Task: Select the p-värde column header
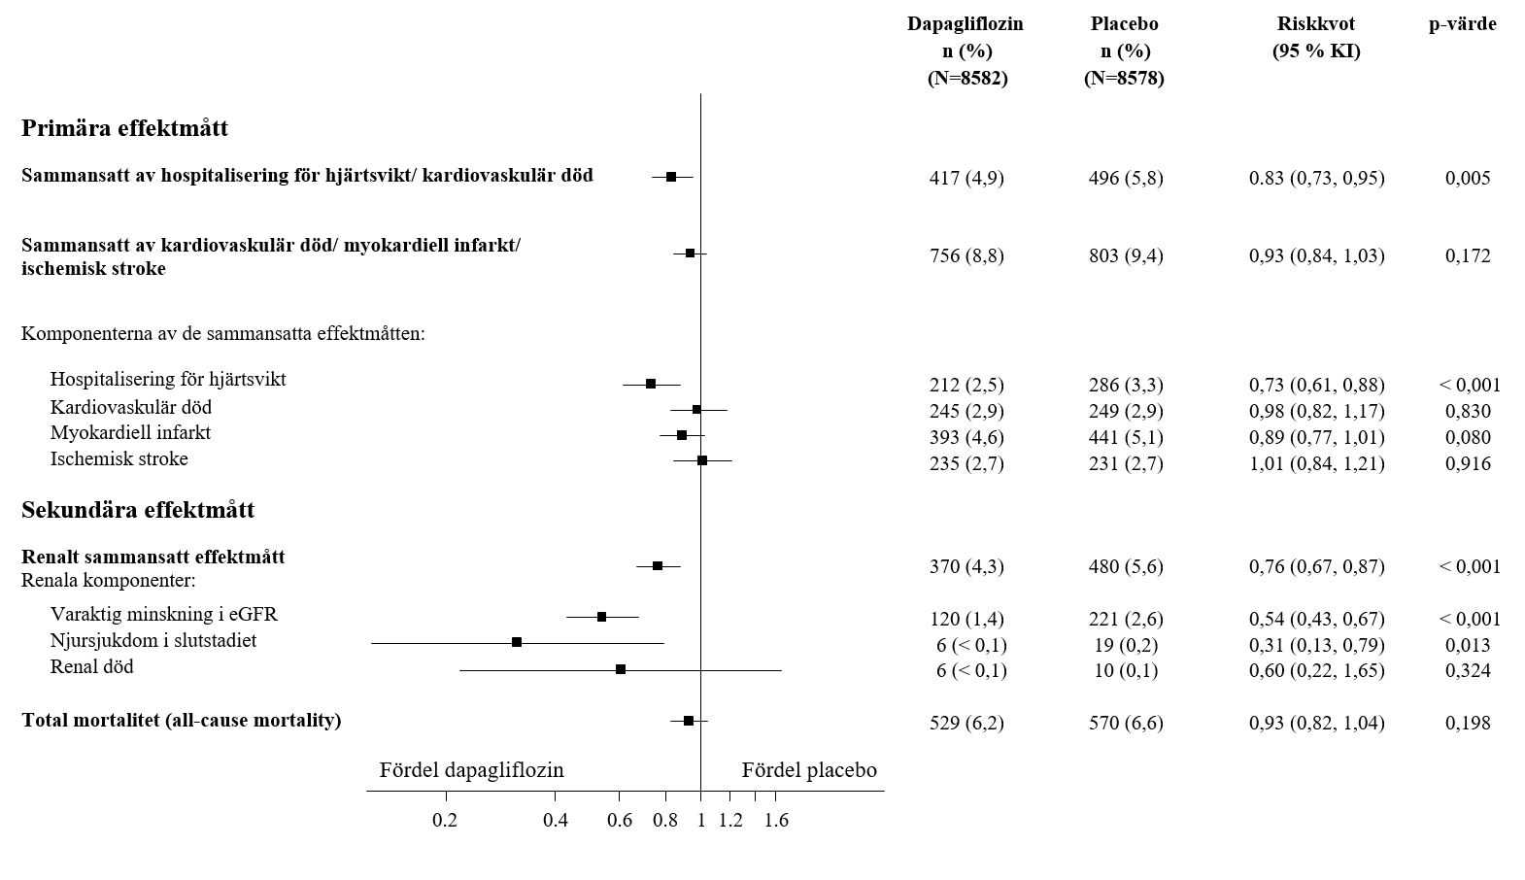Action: tap(1462, 24)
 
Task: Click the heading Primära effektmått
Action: tap(124, 128)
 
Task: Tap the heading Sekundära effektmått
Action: tap(138, 510)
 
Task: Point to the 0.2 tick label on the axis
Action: tap(445, 821)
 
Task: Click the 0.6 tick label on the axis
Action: tap(620, 821)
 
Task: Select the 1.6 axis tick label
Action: tap(776, 821)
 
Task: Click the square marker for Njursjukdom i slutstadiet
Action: tap(517, 642)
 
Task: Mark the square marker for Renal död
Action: tap(621, 669)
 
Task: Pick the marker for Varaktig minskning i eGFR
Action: tap(601, 617)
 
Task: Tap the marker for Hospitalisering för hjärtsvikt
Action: tap(651, 384)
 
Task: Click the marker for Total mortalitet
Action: tap(689, 721)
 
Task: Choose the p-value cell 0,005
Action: tap(1468, 178)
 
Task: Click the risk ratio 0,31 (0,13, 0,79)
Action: tap(1316, 645)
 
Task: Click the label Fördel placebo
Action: tap(809, 770)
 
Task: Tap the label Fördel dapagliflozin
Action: tap(471, 770)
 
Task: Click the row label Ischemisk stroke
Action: tap(119, 458)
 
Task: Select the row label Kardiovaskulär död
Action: tap(131, 407)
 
